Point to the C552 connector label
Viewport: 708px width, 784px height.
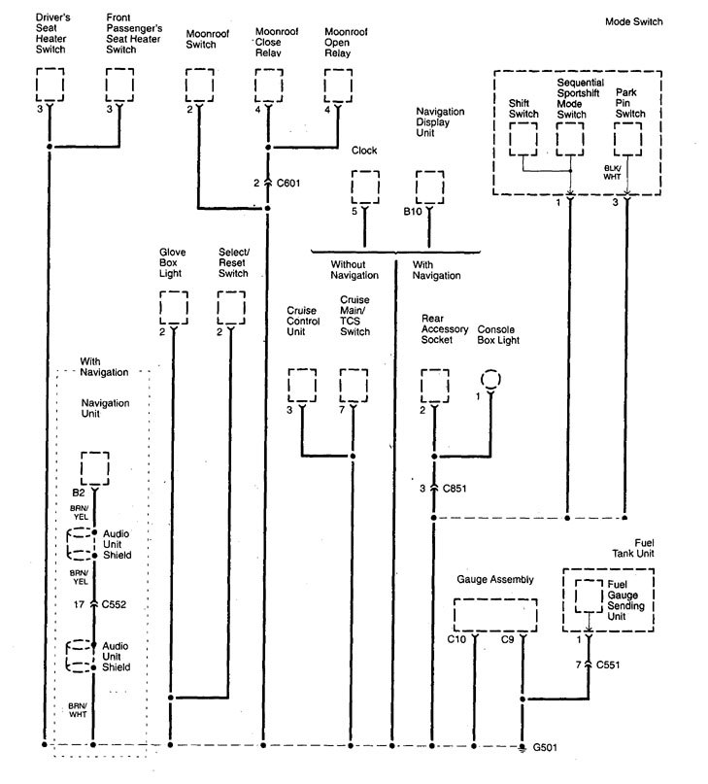117,604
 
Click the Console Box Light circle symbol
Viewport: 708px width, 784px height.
490,378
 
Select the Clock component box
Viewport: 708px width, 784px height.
365,187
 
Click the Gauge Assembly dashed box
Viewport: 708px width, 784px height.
495,615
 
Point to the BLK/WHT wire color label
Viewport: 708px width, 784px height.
611,174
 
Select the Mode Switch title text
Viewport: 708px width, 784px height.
633,20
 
